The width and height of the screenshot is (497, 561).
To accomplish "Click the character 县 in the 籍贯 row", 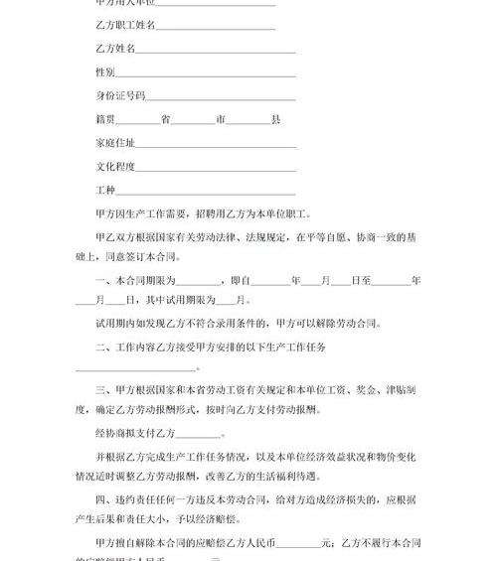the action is [275, 119].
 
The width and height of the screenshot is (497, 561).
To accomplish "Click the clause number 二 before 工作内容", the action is [100, 347].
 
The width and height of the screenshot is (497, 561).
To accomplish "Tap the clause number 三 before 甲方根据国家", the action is [100, 392].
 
